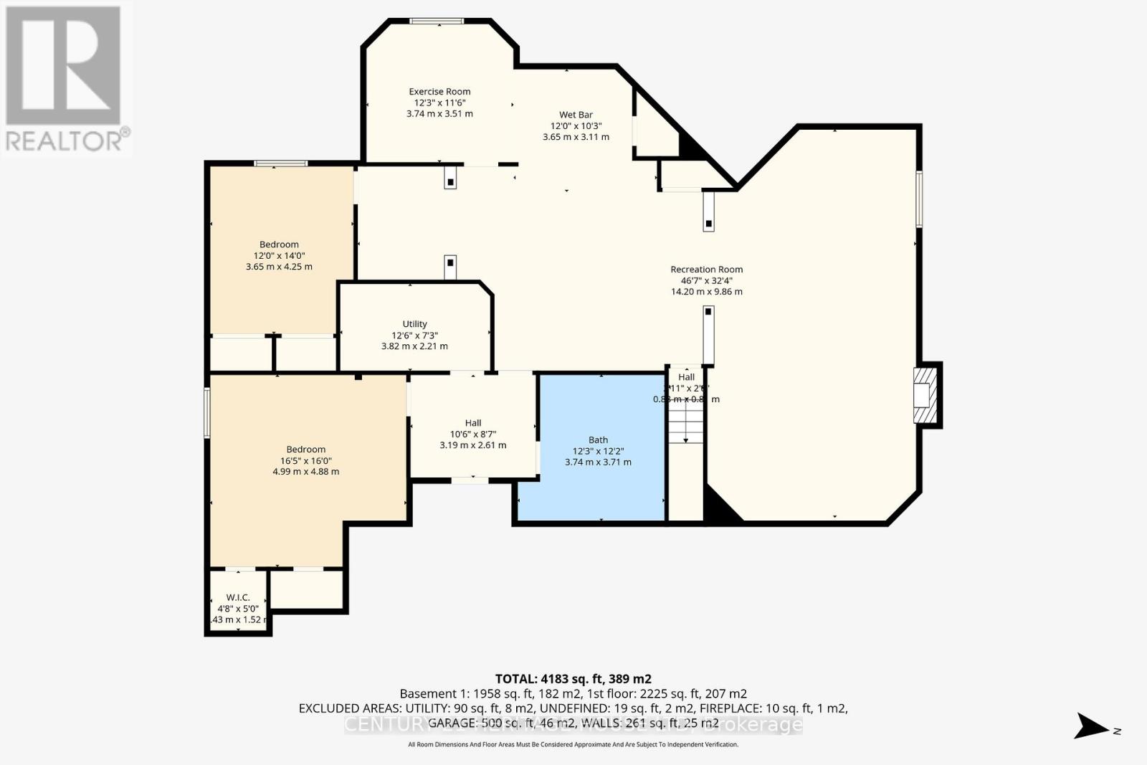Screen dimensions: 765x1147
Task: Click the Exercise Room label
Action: click(439, 92)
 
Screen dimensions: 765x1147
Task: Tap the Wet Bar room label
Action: click(576, 115)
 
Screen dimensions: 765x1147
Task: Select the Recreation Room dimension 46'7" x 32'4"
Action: click(706, 281)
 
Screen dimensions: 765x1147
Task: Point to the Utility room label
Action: click(414, 324)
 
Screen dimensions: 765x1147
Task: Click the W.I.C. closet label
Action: click(237, 597)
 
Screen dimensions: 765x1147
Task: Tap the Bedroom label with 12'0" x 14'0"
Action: click(279, 244)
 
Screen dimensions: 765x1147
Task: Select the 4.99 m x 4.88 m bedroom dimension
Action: click(305, 472)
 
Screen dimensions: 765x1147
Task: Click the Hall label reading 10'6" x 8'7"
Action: click(472, 423)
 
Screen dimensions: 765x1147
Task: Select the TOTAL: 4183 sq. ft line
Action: click(573, 678)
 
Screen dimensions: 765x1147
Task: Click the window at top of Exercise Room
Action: click(437, 22)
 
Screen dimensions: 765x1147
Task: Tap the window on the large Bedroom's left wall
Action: click(207, 412)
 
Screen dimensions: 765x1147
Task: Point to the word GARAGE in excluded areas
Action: click(452, 723)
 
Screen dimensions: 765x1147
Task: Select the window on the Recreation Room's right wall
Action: click(919, 199)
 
